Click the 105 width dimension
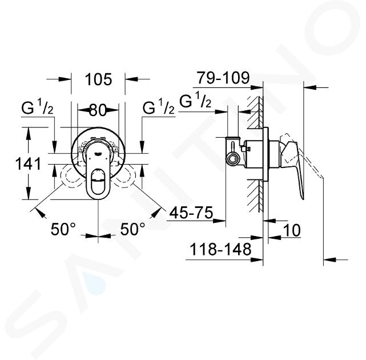98,79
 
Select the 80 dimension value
98,110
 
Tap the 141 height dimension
28,164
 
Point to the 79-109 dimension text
223,78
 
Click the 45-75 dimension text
191,213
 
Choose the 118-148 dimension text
220,249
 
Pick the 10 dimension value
292,231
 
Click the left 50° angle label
63,229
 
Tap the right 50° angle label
132,229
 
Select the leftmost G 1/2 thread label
37,106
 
